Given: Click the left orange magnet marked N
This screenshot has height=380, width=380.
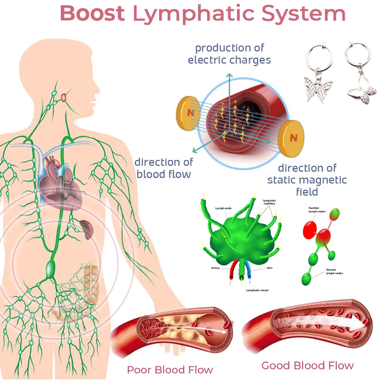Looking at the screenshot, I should click(190, 113).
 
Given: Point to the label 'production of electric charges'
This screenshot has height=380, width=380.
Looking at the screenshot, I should click(229, 54).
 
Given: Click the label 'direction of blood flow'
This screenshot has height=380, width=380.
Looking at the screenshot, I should click(163, 168).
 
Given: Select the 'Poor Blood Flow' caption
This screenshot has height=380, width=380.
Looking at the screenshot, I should click(170, 369).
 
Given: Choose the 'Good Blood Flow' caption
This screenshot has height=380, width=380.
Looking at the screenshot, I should click(307, 365).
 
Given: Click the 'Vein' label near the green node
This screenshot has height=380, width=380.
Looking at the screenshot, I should click(269, 268).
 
